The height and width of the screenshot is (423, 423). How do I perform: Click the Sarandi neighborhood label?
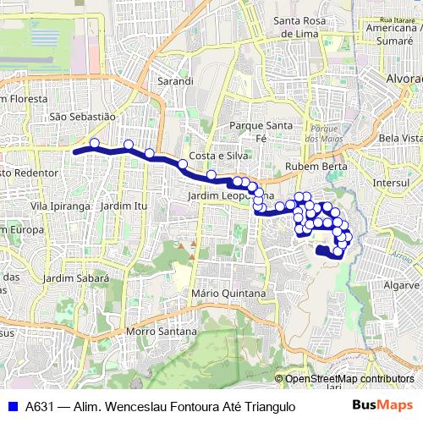(x=176, y=81)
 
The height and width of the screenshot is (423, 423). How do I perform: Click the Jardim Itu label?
(x=123, y=206)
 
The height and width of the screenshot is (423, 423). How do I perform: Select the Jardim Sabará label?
(x=76, y=277)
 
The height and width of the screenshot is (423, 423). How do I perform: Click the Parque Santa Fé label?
(x=261, y=130)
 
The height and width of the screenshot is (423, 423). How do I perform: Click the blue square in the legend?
(x=13, y=406)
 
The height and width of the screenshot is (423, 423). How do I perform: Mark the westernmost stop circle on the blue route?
(x=95, y=143)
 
